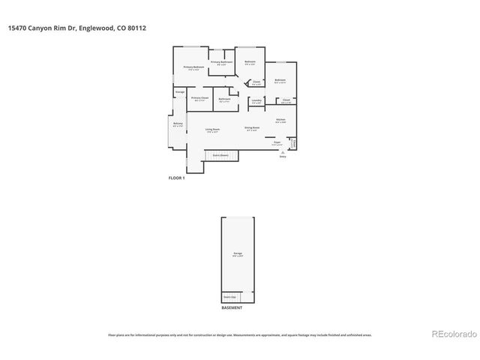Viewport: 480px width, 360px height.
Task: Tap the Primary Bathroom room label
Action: click(x=220, y=62)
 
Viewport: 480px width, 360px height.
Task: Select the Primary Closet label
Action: click(x=199, y=98)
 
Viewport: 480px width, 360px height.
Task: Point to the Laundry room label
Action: click(x=256, y=100)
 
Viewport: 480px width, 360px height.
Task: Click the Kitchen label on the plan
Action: click(x=280, y=120)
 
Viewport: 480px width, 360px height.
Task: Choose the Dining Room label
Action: click(x=252, y=128)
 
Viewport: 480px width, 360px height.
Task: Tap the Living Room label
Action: click(x=212, y=130)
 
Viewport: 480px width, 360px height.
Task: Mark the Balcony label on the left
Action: click(x=178, y=124)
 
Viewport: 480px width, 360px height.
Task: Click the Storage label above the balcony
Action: click(x=180, y=92)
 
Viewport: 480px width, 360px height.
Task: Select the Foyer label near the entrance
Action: click(x=277, y=142)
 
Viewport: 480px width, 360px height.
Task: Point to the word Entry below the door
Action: click(x=283, y=157)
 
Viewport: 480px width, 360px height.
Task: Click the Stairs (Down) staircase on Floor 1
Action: click(x=221, y=155)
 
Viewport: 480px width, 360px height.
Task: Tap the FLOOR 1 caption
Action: click(x=175, y=178)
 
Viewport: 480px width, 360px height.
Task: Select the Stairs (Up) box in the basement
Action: click(x=229, y=296)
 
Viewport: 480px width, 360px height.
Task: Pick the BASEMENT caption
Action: click(x=232, y=308)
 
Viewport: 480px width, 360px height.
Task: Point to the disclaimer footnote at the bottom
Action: click(x=240, y=335)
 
